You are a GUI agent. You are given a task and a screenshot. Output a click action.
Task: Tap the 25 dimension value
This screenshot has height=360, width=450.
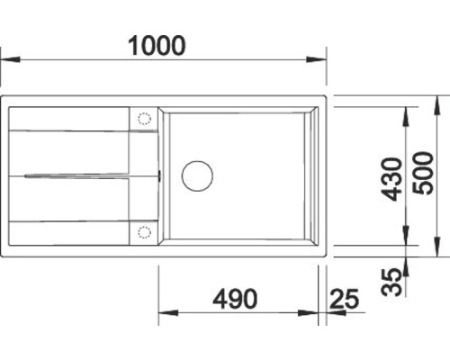pos(343,298)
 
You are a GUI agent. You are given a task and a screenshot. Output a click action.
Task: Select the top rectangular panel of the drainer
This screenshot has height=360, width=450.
pos(68,119)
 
